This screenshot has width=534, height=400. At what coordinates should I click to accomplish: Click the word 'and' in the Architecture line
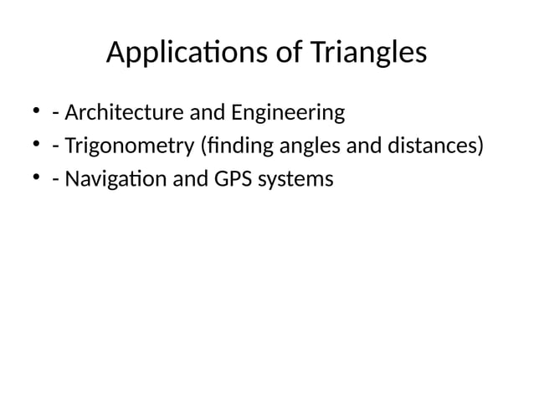point(197,112)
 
